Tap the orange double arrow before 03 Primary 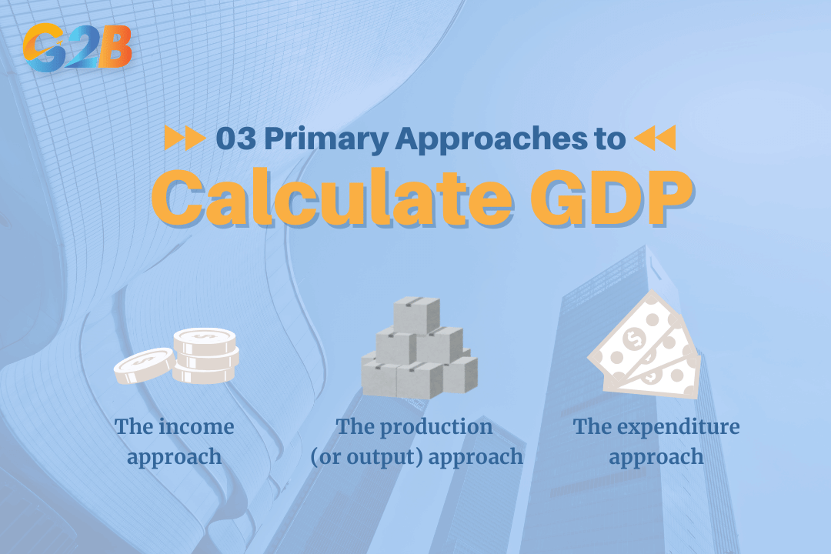185,138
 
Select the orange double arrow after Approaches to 655,138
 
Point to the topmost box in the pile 415,314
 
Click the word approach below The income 175,456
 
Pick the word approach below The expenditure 656,456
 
